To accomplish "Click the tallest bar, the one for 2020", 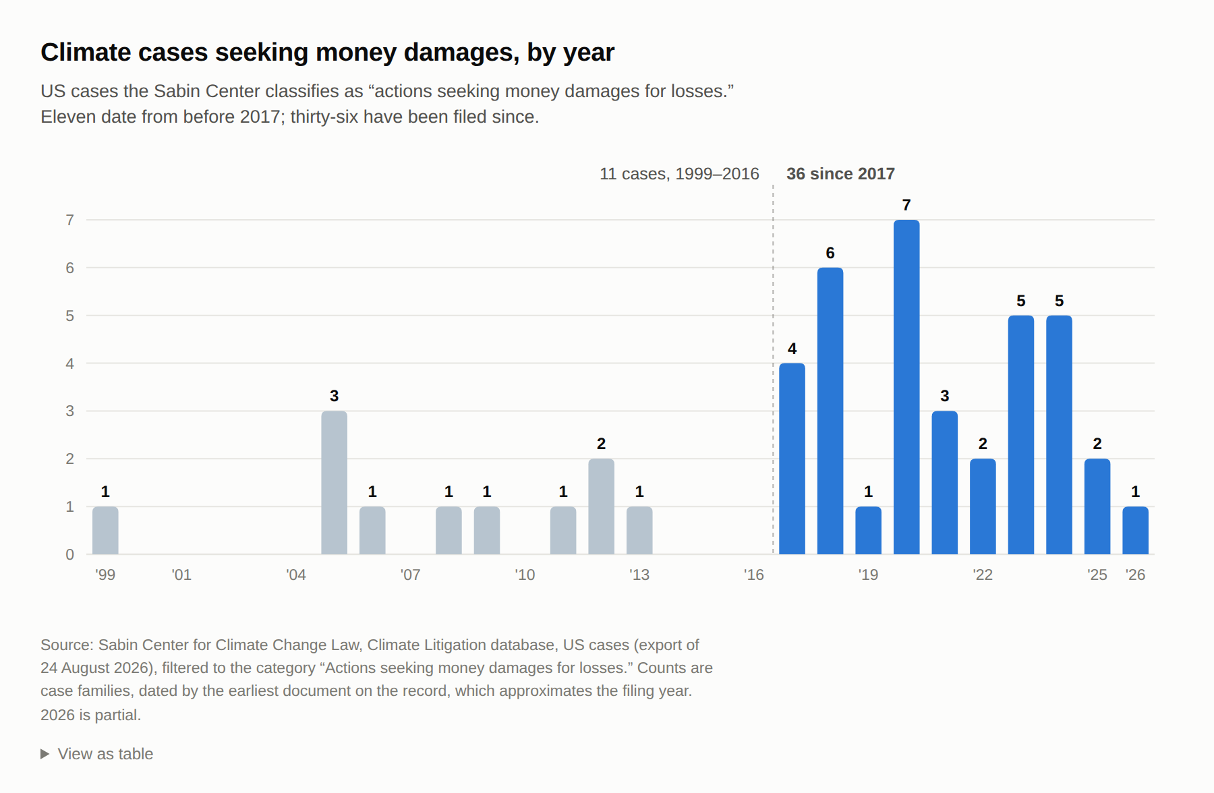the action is (x=906, y=387).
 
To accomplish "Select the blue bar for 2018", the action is (x=830, y=411).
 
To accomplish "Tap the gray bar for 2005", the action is (x=334, y=483).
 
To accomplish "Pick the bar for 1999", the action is (x=105, y=531).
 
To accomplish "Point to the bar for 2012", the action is (x=601, y=506).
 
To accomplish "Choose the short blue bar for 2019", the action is (x=868, y=531).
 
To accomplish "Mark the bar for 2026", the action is (x=1135, y=531).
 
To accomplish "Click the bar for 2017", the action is (x=792, y=459).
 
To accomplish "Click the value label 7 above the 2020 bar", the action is (x=906, y=205).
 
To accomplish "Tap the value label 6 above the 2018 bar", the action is (x=830, y=253).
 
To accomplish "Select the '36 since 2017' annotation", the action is (x=840, y=174).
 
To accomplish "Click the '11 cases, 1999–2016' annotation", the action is (x=679, y=174).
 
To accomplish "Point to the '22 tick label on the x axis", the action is (x=983, y=575).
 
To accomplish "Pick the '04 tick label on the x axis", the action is (x=296, y=575).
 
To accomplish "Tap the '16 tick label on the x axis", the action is (x=754, y=575).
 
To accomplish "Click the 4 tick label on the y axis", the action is (x=69, y=363).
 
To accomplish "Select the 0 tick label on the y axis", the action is (x=69, y=554).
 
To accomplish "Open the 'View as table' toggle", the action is (x=97, y=754).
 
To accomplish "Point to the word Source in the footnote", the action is (x=66, y=645).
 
